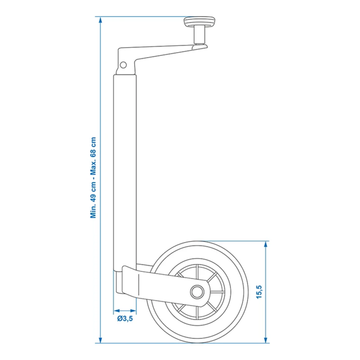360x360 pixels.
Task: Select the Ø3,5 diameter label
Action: (125, 318)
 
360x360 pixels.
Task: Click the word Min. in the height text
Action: (94, 210)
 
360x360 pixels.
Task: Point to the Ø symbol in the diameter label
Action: (120, 318)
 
